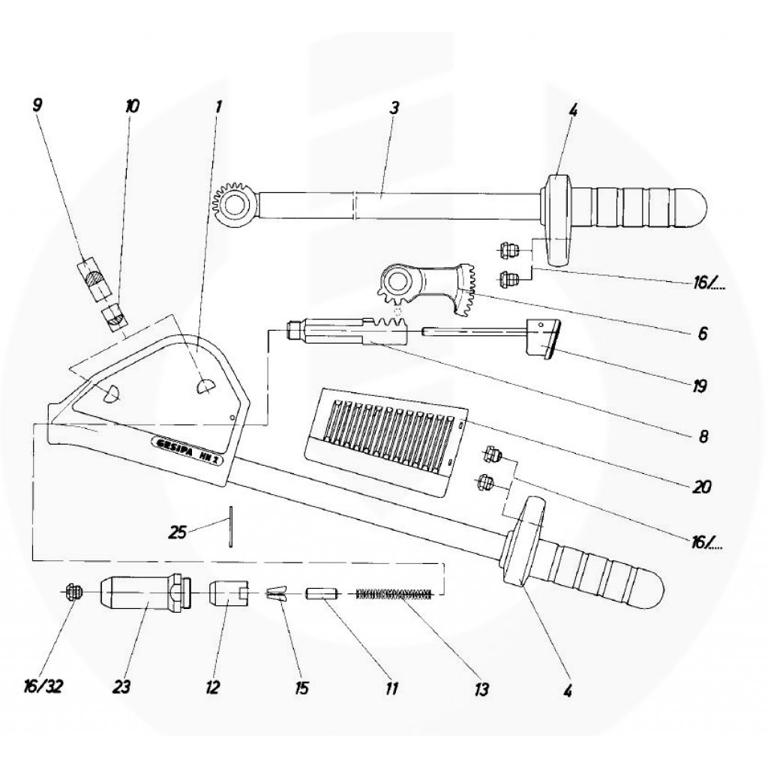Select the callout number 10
tap(131, 106)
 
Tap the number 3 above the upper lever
tap(394, 106)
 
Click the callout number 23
tap(122, 687)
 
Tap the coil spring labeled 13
tap(395, 595)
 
